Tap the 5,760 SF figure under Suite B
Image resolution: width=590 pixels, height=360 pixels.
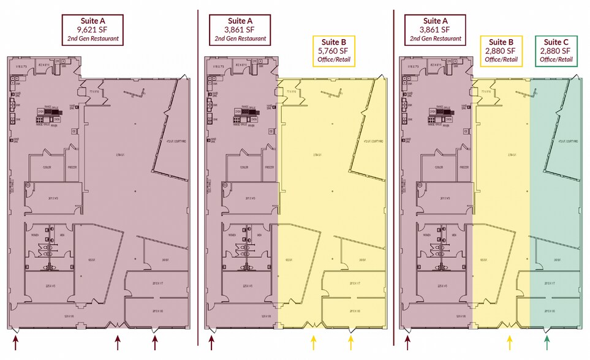coord(333,51)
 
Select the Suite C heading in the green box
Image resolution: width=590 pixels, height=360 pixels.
coord(556,42)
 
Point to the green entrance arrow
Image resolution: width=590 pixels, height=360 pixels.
coord(547,340)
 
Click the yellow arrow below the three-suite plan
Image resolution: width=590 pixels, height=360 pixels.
coord(510,340)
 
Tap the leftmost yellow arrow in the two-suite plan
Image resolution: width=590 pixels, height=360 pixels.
coord(314,340)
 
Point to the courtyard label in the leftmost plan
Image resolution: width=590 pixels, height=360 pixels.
coord(176,141)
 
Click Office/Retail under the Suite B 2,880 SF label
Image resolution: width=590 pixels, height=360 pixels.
coord(501,60)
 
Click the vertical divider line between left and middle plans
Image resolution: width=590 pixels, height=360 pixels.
coord(198,178)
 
